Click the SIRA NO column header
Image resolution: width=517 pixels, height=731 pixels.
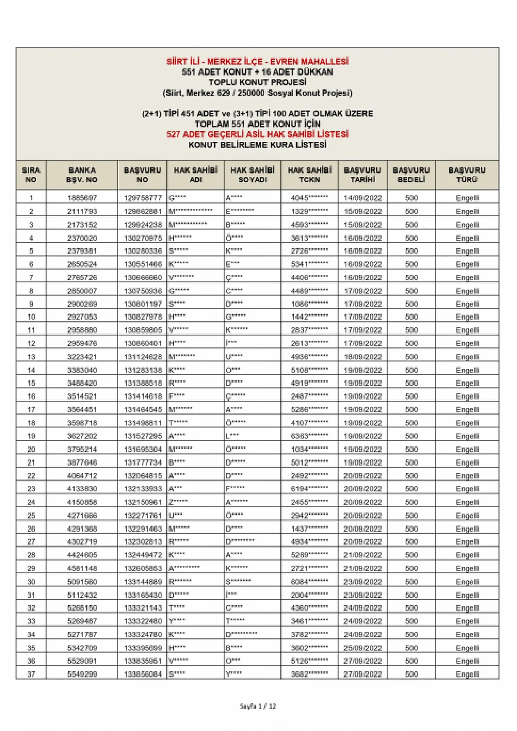pos(31,175)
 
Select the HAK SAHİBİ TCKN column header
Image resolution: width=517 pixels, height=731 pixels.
pos(309,175)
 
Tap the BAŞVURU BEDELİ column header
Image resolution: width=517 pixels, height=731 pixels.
pos(411,175)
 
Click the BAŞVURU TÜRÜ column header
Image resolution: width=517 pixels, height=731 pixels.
pos(467,175)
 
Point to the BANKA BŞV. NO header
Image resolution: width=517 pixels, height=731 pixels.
pos(82,175)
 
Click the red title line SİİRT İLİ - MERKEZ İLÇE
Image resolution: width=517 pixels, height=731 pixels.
pos(257,61)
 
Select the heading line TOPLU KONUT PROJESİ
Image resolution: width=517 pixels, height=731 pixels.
pos(257,82)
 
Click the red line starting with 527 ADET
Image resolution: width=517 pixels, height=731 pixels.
pos(257,134)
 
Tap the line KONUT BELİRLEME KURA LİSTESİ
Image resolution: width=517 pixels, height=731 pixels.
pos(257,145)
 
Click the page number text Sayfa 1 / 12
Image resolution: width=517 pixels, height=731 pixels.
pos(258,706)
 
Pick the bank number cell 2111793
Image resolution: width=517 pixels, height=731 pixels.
pos(82,211)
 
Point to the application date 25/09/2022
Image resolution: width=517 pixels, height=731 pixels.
pos(362,648)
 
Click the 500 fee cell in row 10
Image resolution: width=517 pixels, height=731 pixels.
pos(411,317)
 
